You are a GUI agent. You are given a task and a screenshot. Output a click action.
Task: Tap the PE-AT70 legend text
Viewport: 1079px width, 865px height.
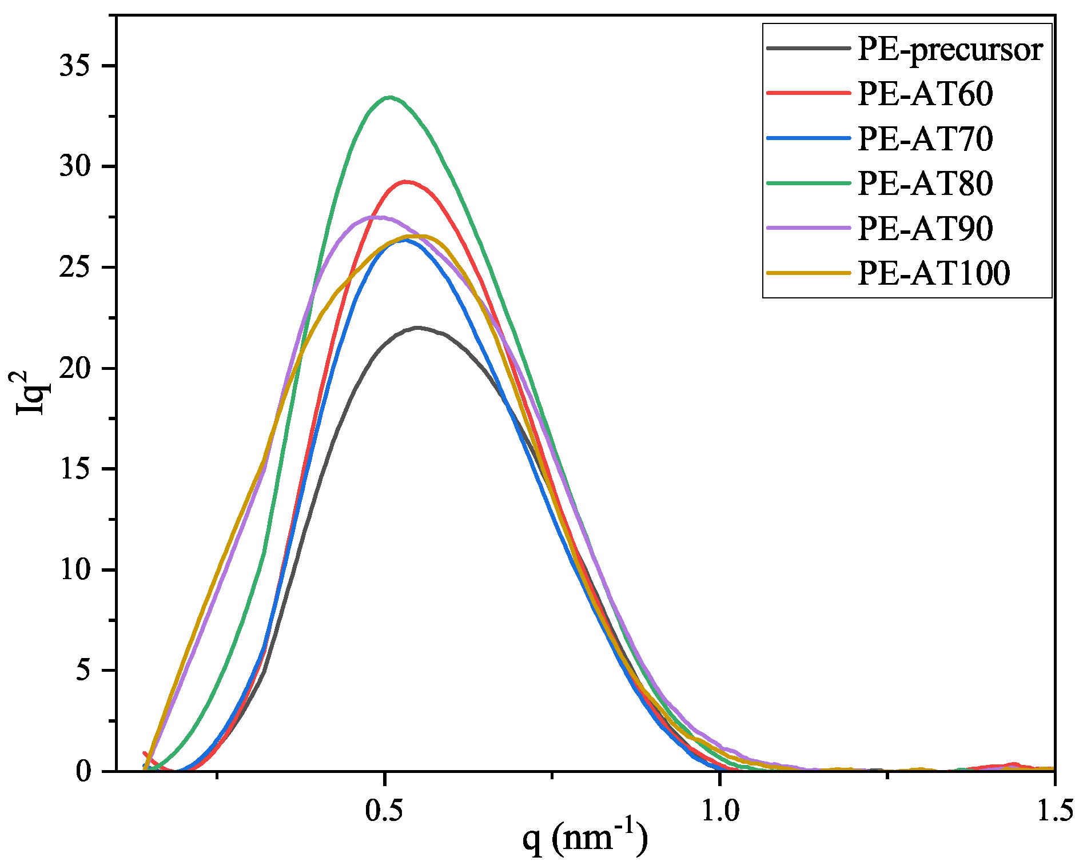[x=925, y=138]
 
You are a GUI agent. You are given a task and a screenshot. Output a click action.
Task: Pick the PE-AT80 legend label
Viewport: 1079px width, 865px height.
[x=925, y=183]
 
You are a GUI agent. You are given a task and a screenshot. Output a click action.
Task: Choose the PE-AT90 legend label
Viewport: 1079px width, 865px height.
[x=925, y=228]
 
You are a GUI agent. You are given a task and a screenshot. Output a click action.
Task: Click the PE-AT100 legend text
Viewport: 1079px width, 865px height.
[x=934, y=273]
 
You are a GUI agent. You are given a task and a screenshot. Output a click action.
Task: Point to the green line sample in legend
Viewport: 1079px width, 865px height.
[x=808, y=183]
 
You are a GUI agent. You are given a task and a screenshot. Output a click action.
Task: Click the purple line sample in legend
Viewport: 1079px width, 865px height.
[x=808, y=228]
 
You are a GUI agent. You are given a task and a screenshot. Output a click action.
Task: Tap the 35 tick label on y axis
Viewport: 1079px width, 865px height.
[x=75, y=66]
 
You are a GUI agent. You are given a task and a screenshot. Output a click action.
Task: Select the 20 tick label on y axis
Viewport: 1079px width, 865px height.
[x=75, y=368]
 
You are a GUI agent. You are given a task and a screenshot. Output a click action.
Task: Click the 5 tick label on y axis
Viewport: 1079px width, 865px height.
[x=83, y=671]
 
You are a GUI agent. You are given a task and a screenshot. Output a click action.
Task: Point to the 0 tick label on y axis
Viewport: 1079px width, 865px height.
[x=83, y=772]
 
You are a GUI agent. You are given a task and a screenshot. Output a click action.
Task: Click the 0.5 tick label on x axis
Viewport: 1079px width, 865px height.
[x=385, y=811]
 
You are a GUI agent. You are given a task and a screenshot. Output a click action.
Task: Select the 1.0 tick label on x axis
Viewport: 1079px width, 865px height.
[x=720, y=811]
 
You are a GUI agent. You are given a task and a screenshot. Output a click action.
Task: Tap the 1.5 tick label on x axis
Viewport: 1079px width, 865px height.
[x=1054, y=811]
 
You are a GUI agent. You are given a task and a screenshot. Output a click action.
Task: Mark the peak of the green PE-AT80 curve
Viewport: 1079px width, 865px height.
[x=390, y=97]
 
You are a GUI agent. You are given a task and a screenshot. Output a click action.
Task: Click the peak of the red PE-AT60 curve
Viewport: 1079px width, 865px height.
[x=406, y=182]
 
